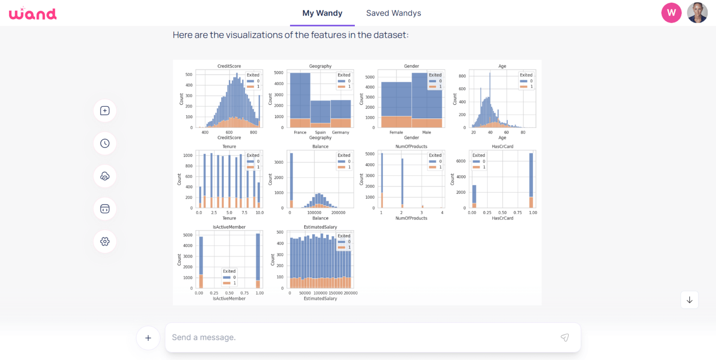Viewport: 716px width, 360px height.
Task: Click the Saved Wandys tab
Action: pyautogui.click(x=393, y=13)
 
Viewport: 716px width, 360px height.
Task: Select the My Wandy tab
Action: pyautogui.click(x=322, y=13)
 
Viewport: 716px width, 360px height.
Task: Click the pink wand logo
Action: pyautogui.click(x=33, y=13)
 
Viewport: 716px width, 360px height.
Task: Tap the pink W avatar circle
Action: pyautogui.click(x=671, y=13)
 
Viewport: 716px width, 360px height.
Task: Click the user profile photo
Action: pyautogui.click(x=697, y=13)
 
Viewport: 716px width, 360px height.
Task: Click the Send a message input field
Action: pyautogui.click(x=358, y=338)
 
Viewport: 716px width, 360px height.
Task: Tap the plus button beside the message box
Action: pyautogui.click(x=148, y=338)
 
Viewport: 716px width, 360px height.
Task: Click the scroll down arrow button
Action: pyautogui.click(x=690, y=300)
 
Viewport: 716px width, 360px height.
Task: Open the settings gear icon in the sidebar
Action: pyautogui.click(x=105, y=241)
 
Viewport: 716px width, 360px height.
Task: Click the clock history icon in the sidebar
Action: pyautogui.click(x=105, y=144)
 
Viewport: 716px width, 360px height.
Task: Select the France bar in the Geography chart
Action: pyautogui.click(x=300, y=98)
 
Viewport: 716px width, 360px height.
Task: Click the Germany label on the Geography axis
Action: pyautogui.click(x=341, y=132)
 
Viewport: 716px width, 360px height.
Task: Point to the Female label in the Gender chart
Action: pyautogui.click(x=396, y=132)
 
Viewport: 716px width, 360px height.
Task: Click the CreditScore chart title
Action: pyautogui.click(x=229, y=66)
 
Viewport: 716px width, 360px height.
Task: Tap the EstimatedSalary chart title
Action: pyautogui.click(x=320, y=227)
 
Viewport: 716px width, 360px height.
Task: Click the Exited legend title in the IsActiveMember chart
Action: pyautogui.click(x=229, y=271)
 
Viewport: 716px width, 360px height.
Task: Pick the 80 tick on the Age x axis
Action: pyautogui.click(x=523, y=132)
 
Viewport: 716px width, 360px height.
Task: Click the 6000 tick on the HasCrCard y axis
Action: pyautogui.click(x=461, y=161)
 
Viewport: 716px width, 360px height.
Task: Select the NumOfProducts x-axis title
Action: pyautogui.click(x=411, y=218)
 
